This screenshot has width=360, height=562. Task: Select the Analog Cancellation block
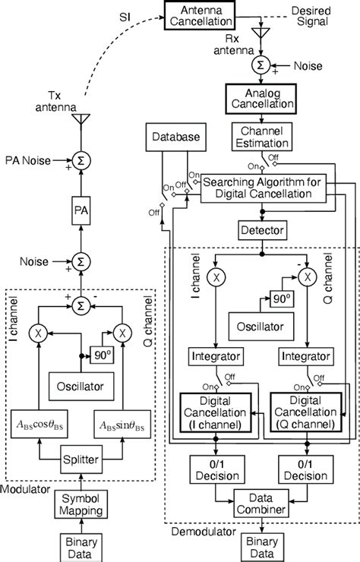point(258,96)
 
